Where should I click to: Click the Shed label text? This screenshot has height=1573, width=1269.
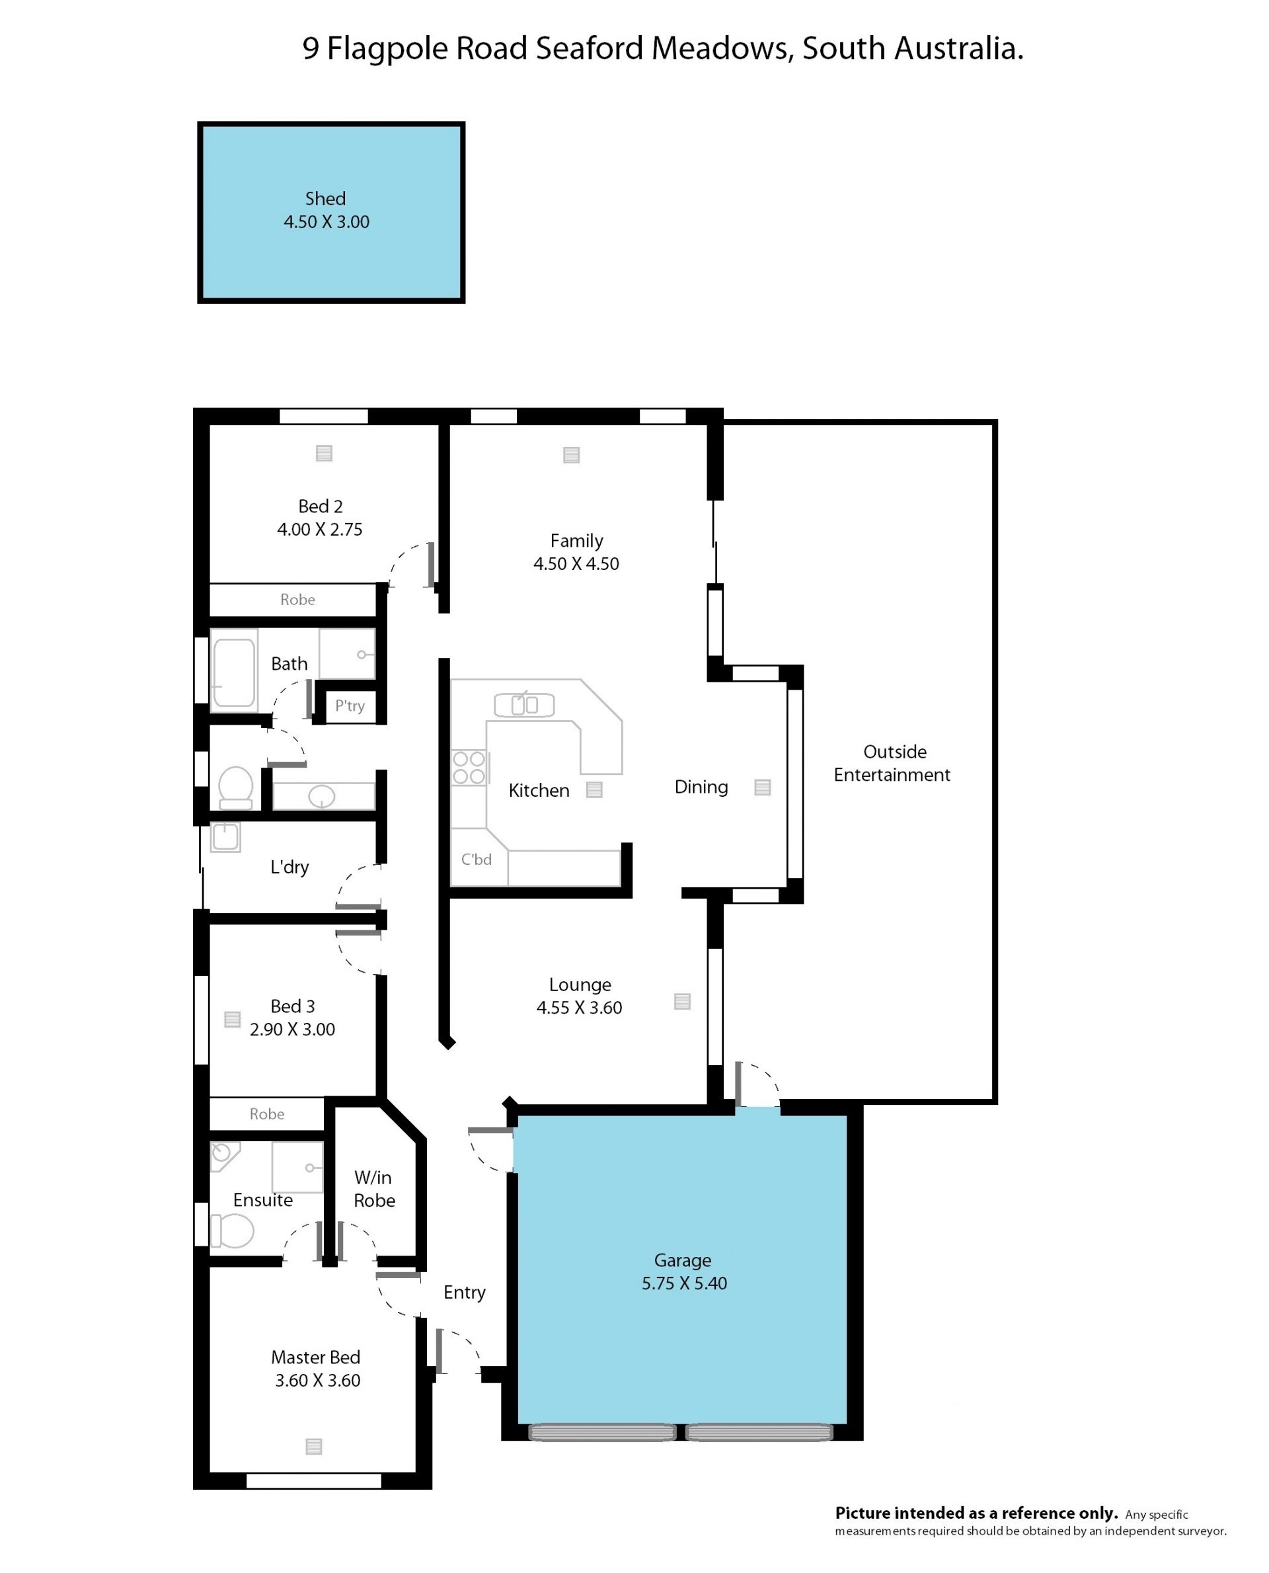coord(325,198)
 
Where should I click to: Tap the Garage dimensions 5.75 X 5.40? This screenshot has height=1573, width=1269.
coord(684,1283)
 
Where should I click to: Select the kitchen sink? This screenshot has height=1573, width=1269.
coord(524,705)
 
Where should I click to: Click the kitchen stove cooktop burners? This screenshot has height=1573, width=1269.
coord(469,768)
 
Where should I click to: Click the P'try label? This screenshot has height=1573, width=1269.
coord(350,706)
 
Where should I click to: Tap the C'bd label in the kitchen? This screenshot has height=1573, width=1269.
coord(476,860)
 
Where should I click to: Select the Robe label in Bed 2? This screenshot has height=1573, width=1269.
coord(297,600)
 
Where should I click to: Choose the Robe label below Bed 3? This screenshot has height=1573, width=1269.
coord(267,1113)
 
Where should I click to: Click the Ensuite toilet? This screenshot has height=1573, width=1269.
coord(233,1231)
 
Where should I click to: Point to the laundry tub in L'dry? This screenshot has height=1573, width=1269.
coord(225,837)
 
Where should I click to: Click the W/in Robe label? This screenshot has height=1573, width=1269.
coord(374,1189)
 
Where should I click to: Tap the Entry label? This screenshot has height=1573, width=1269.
coord(464,1293)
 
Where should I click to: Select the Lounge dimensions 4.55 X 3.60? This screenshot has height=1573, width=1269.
coord(579,1008)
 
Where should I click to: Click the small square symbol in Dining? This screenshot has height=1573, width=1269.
coord(763,787)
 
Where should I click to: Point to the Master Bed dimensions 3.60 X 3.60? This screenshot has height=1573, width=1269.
coord(318,1381)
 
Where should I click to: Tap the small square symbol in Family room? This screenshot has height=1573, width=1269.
coord(572,455)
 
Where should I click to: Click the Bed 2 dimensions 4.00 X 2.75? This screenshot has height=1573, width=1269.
coord(319,530)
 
